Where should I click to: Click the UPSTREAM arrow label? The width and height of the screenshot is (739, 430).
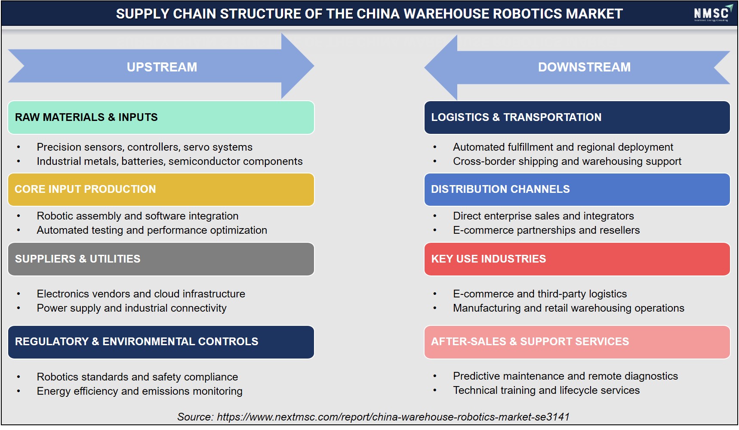pos(162,67)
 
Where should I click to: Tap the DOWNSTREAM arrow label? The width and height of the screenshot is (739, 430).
pos(584,67)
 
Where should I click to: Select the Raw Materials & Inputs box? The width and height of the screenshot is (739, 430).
pos(161,118)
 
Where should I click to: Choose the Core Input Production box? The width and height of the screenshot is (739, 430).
pos(161,189)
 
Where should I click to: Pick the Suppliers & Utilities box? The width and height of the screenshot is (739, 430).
pos(161,259)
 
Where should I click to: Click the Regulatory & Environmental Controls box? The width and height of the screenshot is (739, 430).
pos(161,342)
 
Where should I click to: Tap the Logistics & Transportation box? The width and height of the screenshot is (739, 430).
pos(577,118)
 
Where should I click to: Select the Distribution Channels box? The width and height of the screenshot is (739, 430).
pos(577,189)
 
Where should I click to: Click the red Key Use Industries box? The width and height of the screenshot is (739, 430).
pos(577,259)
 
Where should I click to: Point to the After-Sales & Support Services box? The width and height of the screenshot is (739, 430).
pos(577,342)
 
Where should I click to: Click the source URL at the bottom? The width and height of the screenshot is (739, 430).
pos(393,417)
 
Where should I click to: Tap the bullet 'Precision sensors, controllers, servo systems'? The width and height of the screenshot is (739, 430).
pos(145,147)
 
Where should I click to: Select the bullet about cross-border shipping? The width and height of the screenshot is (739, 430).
pos(567,161)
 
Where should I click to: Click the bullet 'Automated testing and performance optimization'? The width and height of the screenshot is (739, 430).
pos(152,230)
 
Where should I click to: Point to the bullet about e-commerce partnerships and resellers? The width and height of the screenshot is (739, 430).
pos(546,230)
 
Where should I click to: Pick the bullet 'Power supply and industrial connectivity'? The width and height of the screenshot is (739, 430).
pos(132,308)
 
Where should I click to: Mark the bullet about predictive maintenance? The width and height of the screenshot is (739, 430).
pos(565,376)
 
